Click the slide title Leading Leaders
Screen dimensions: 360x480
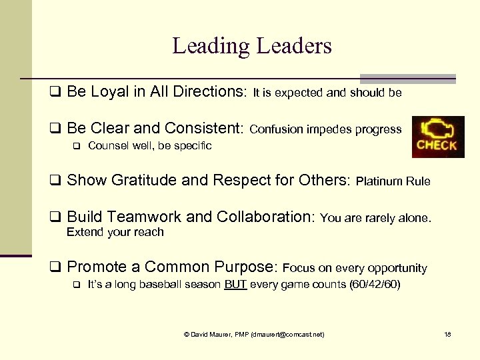[251, 46]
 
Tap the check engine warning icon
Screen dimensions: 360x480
[437, 137]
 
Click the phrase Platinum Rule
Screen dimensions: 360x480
[393, 181]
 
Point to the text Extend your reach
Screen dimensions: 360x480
[115, 232]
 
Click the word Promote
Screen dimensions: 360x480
[97, 267]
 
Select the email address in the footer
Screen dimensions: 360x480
[288, 334]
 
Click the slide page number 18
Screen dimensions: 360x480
[447, 334]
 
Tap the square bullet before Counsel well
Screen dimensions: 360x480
[76, 146]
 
